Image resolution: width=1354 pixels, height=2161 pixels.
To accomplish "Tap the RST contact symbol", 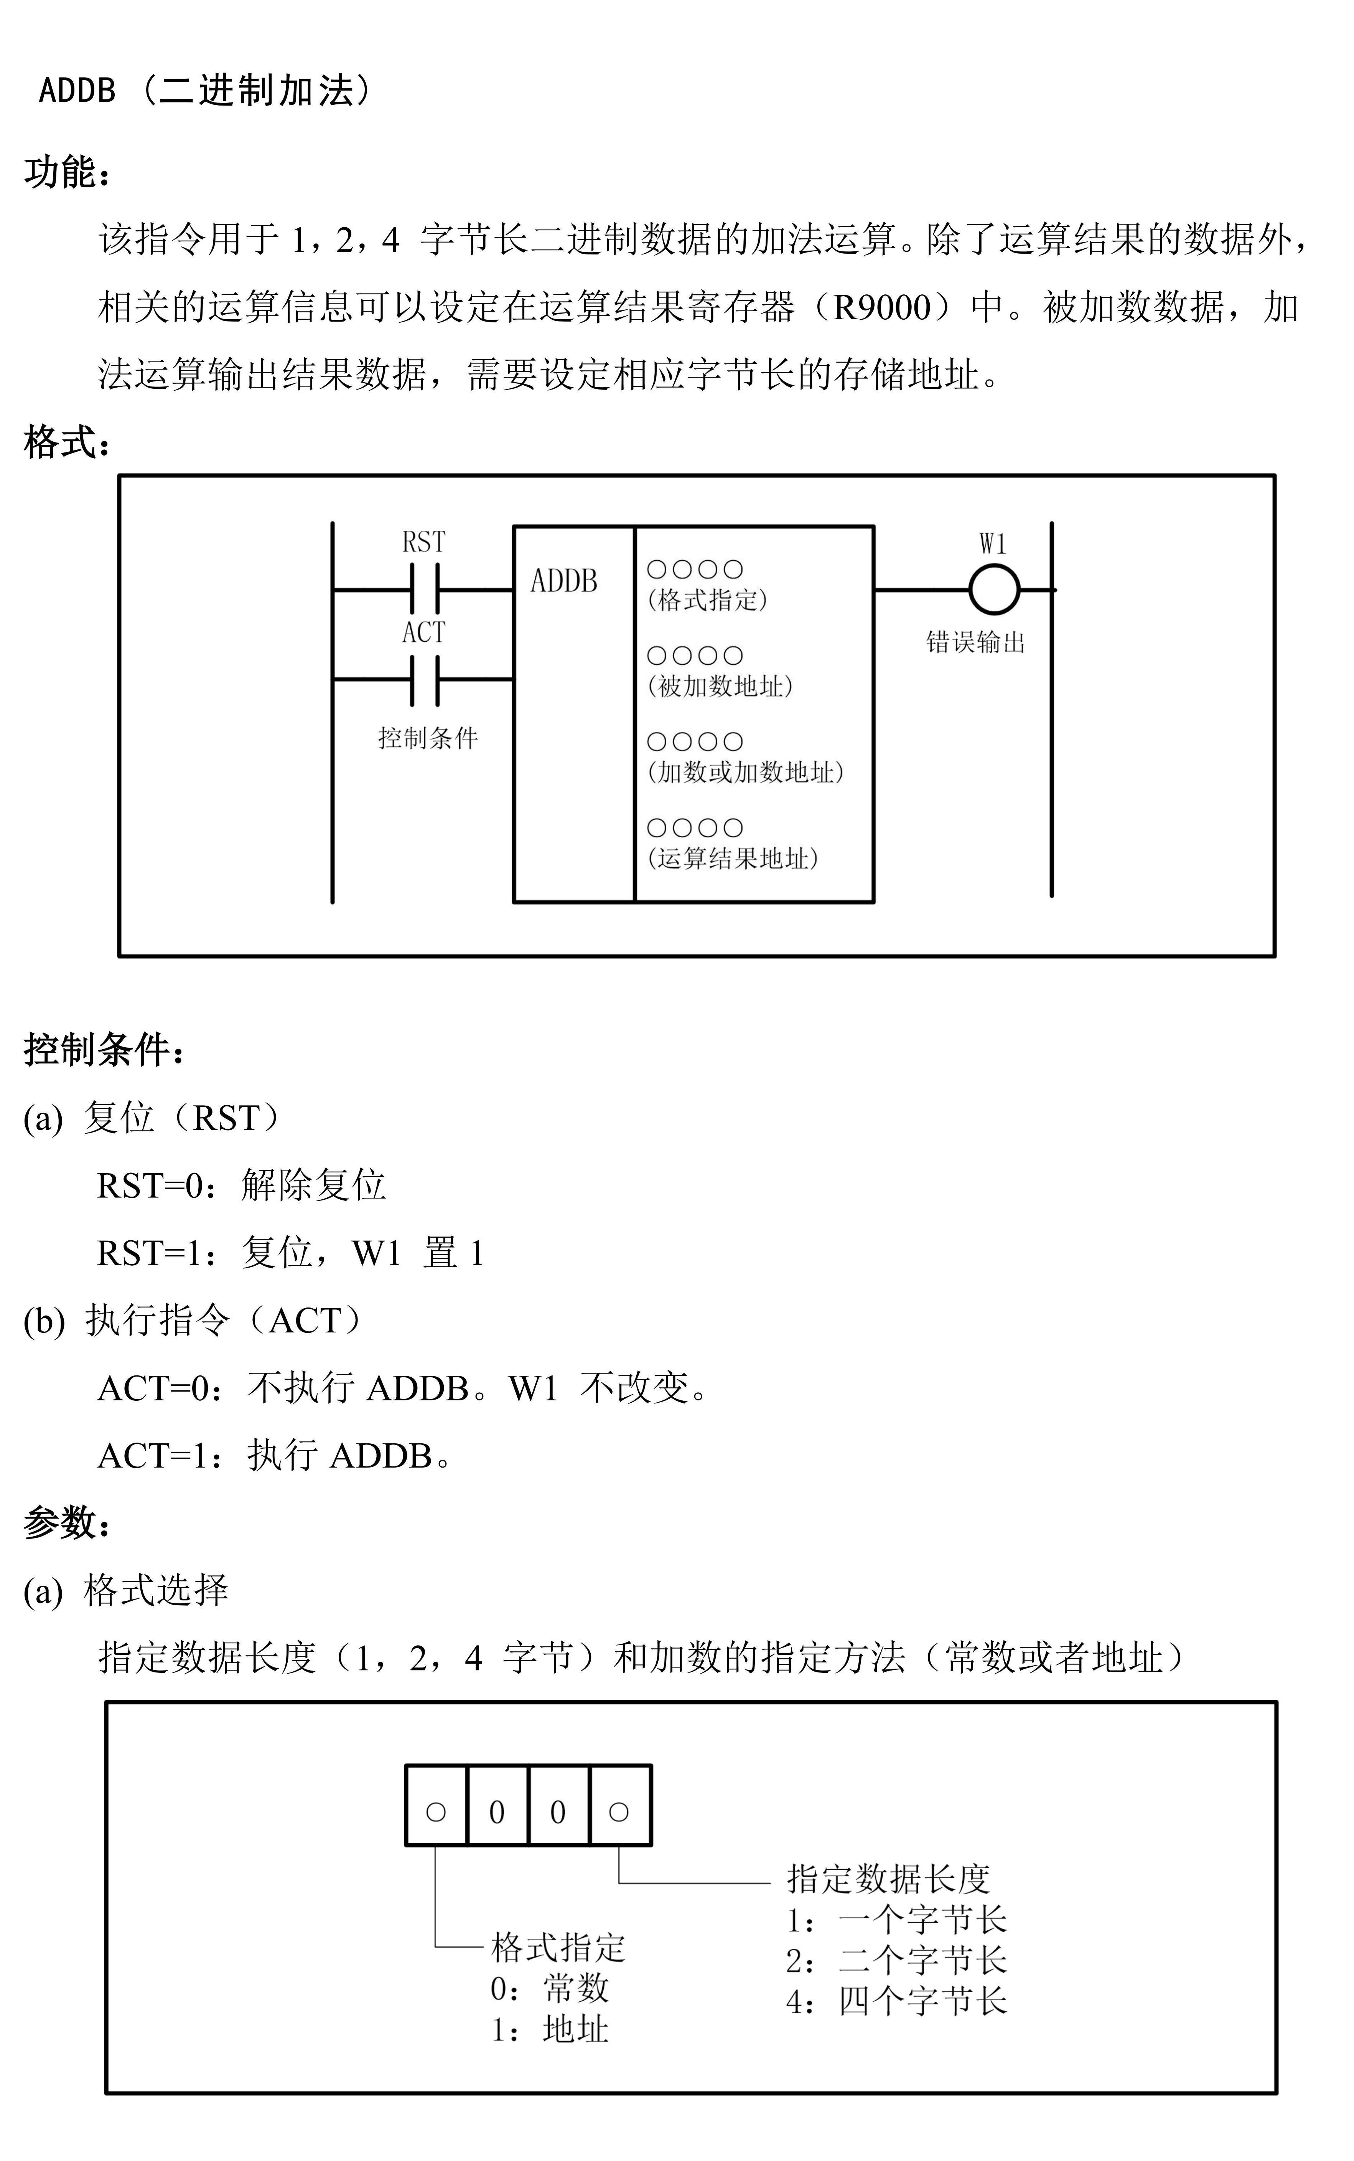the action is [425, 589].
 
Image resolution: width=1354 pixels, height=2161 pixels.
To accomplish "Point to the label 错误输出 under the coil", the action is [975, 642].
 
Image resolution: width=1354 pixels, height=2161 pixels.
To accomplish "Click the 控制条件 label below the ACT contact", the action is [428, 737].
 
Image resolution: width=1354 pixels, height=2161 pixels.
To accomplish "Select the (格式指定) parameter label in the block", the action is [707, 599].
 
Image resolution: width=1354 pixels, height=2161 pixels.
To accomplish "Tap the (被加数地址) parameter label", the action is [720, 685].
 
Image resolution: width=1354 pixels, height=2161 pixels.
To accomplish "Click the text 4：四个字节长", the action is [896, 2001].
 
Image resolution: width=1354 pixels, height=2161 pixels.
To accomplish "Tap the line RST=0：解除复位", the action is [241, 1185].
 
